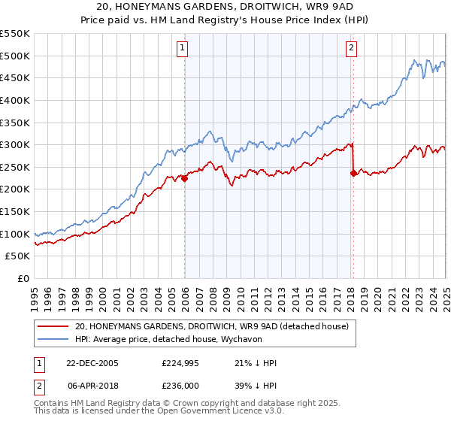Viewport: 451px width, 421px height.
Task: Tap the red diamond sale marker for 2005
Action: (185, 179)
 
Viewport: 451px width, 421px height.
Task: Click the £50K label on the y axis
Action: (18, 256)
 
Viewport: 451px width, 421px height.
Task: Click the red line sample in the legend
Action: (54, 327)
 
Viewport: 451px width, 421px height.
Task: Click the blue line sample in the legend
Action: (54, 340)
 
